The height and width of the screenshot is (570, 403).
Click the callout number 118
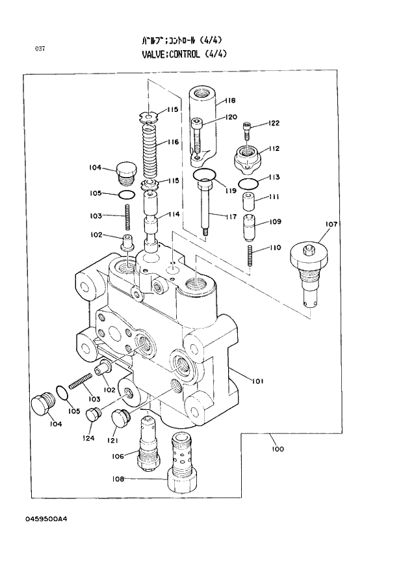pos(230,101)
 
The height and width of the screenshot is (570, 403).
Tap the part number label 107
pos(331,224)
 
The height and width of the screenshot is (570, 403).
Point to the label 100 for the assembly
pos(277,449)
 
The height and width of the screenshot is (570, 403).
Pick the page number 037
pos(40,49)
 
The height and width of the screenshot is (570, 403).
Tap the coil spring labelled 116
pos(150,151)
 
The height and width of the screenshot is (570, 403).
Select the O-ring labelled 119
pos(205,175)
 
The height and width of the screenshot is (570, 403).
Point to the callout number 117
pos(230,216)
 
